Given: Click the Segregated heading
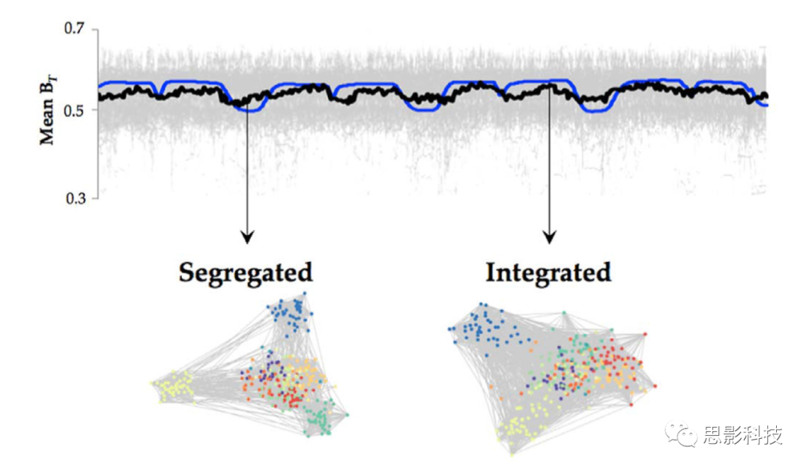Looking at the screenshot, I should (x=245, y=272).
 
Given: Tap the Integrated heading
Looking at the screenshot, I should (x=548, y=272).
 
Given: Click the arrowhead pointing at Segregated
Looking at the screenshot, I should (x=247, y=237).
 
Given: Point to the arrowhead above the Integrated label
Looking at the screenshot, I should (x=550, y=237).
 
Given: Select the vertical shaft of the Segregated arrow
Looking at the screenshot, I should (x=247, y=172).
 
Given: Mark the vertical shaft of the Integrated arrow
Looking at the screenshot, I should (x=550, y=165).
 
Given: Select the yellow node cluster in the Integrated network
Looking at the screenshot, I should (x=524, y=423).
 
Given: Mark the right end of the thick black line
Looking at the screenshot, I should (x=765, y=96).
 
